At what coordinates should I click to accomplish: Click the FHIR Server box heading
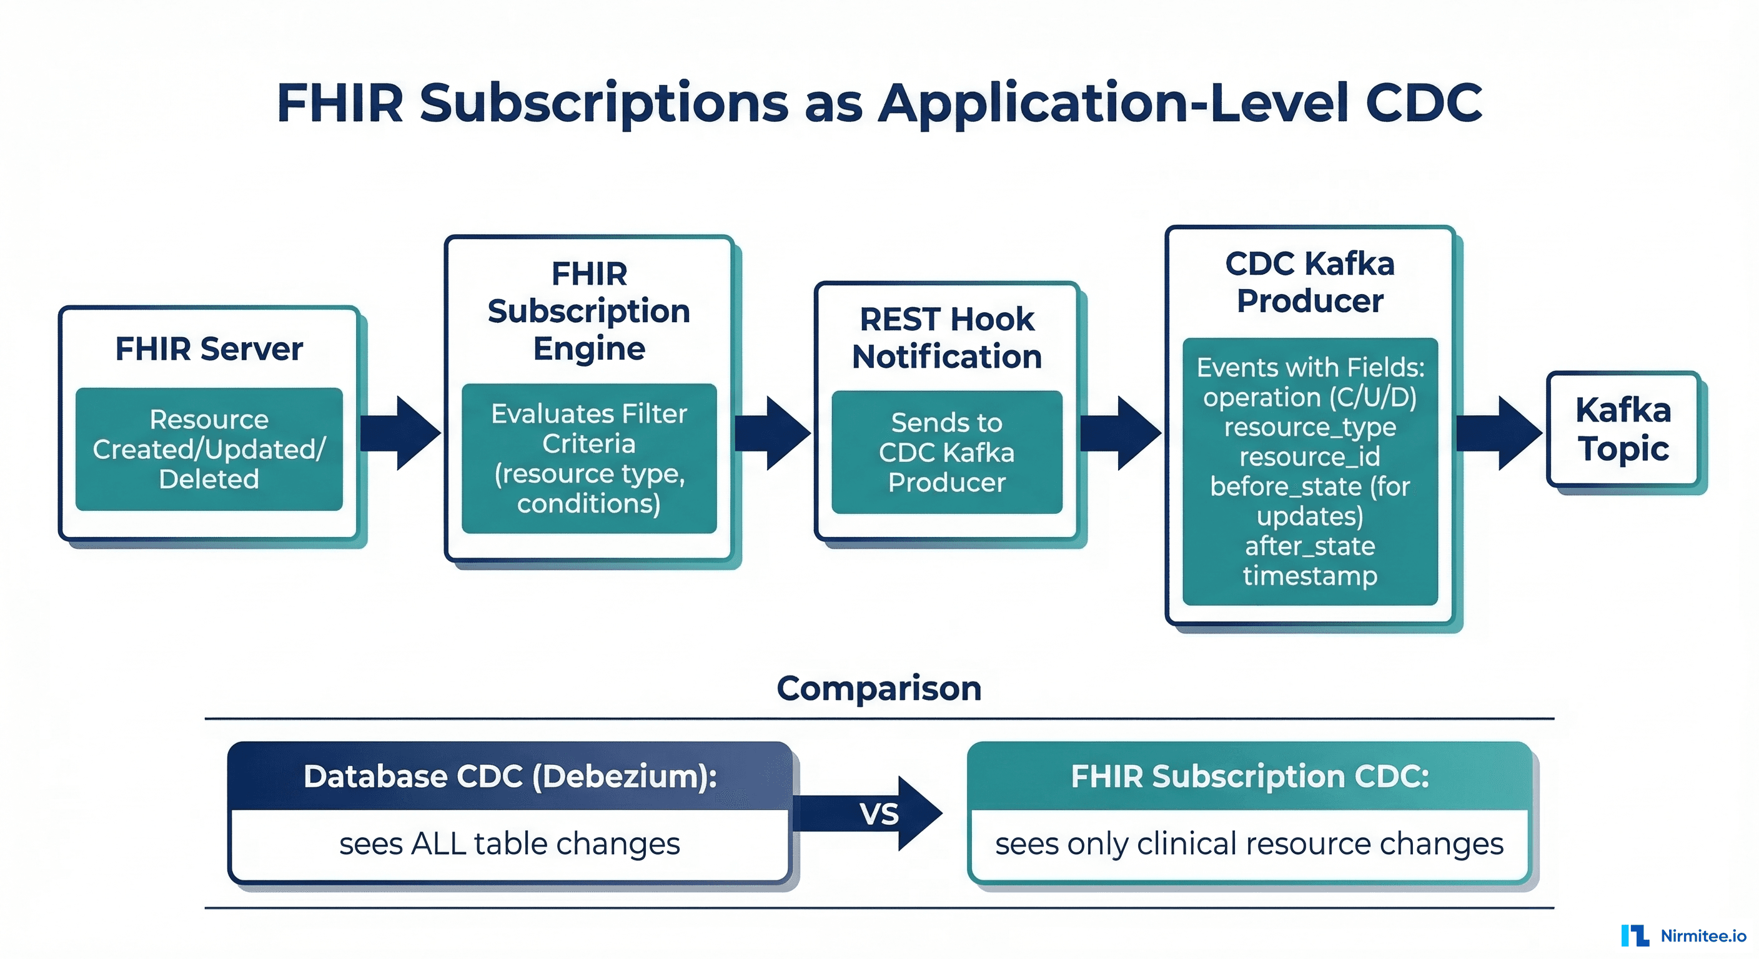(x=209, y=349)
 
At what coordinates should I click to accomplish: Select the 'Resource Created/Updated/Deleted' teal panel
(x=209, y=449)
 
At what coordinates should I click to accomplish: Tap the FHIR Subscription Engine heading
(x=588, y=312)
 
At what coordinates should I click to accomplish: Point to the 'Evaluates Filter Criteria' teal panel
(x=588, y=458)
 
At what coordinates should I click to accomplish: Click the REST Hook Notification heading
(x=946, y=338)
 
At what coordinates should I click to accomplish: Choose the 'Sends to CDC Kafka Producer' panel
(x=946, y=452)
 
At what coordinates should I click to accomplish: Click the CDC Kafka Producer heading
(x=1310, y=282)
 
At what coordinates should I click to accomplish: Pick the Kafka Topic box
(x=1623, y=430)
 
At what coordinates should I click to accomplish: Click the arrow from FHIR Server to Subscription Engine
(x=402, y=433)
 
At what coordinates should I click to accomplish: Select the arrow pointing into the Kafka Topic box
(x=1500, y=433)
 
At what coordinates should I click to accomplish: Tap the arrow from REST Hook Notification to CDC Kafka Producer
(x=1120, y=433)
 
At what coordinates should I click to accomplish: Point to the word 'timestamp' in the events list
(x=1310, y=576)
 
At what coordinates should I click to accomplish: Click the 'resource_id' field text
(x=1310, y=456)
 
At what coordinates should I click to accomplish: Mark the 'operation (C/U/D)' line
(x=1310, y=396)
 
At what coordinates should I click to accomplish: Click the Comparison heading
(x=879, y=688)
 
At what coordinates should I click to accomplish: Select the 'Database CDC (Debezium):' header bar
(x=510, y=776)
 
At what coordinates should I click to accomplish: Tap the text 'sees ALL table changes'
(x=510, y=843)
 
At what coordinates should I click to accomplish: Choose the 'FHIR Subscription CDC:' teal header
(x=1249, y=776)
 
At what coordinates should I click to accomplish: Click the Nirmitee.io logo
(x=1683, y=935)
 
